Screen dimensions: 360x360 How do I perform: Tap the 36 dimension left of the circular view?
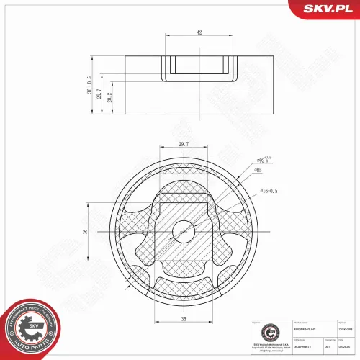pos(84,232)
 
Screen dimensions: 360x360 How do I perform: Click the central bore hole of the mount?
pos(184,231)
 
